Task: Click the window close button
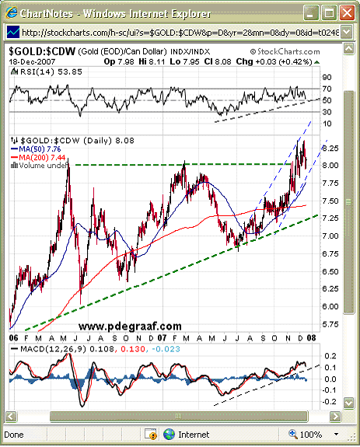(x=347, y=13)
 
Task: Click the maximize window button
(x=329, y=13)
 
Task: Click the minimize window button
(x=311, y=13)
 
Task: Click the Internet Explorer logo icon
(x=12, y=13)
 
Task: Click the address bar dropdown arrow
(x=347, y=32)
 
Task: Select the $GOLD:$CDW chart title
(x=42, y=51)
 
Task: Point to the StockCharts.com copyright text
(x=285, y=51)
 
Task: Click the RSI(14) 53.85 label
(x=47, y=72)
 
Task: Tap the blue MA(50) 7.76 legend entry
(x=36, y=148)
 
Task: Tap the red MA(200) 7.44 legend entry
(x=38, y=157)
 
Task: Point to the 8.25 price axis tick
(x=330, y=148)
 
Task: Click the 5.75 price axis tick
(x=330, y=324)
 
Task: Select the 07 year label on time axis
(x=162, y=338)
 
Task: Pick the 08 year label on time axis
(x=311, y=338)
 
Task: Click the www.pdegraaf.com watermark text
(x=130, y=327)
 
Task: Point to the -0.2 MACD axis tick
(x=330, y=402)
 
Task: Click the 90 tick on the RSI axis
(x=327, y=77)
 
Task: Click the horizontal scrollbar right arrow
(x=335, y=416)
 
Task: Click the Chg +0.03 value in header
(x=274, y=61)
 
